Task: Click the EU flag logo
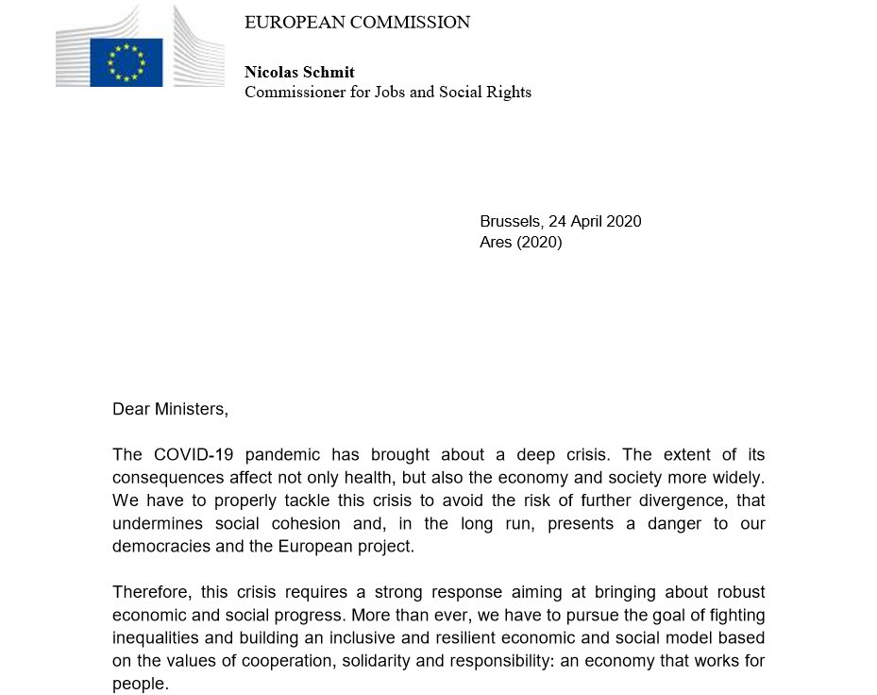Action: [x=126, y=62]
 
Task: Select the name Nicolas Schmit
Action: [x=299, y=73]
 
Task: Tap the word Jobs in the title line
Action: [x=400, y=93]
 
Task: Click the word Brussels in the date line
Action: [x=510, y=222]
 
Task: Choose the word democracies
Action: [x=157, y=546]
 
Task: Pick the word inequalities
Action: [x=157, y=637]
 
